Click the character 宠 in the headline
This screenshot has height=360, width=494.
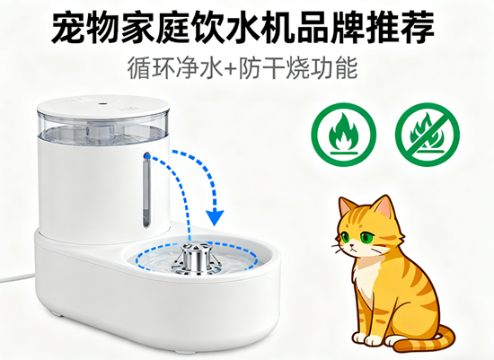pyautogui.click(x=68, y=27)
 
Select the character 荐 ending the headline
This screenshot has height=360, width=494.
pyautogui.click(x=418, y=27)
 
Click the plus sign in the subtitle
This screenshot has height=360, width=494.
pyautogui.click(x=231, y=68)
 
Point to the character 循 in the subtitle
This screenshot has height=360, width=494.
pyautogui.click(x=139, y=68)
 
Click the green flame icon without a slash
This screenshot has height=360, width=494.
pyautogui.click(x=343, y=135)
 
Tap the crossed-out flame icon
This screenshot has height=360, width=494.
pyautogui.click(x=428, y=135)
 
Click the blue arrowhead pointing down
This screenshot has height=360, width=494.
pyautogui.click(x=216, y=217)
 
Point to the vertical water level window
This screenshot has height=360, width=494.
pyautogui.click(x=146, y=190)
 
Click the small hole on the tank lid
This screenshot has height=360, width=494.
pyautogui.click(x=101, y=103)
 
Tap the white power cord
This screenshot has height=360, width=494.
pyautogui.click(x=17, y=277)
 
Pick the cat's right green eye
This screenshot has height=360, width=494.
pyautogui.click(x=367, y=237)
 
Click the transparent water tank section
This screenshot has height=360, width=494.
pyautogui.click(x=103, y=128)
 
